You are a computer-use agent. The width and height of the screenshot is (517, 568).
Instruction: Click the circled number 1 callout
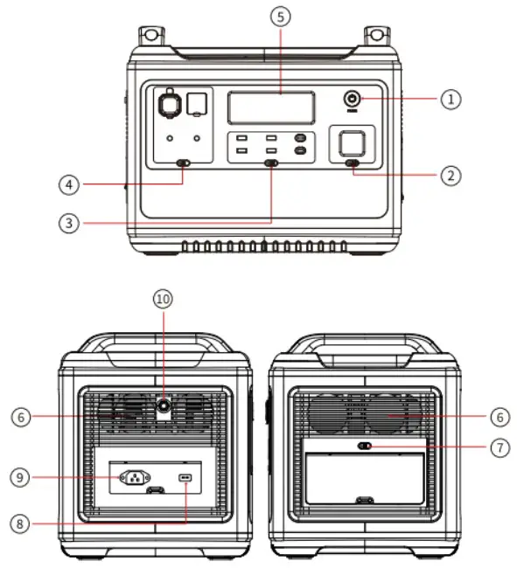coord(451,99)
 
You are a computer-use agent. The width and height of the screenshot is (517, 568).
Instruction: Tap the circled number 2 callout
coord(451,175)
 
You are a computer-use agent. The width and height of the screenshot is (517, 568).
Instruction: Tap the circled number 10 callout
coord(163,298)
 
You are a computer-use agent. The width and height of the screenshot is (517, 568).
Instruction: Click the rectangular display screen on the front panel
coord(271,107)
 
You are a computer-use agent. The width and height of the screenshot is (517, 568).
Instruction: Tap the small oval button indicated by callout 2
coord(353,163)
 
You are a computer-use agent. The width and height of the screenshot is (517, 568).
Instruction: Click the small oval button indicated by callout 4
coord(184,163)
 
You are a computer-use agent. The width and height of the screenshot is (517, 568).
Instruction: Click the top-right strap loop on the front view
coord(377,36)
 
